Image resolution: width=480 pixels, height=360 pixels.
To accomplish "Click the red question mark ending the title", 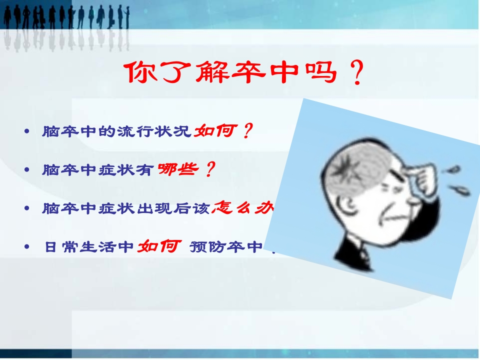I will (x=356, y=75).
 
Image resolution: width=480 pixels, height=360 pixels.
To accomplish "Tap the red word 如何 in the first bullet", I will (x=214, y=131).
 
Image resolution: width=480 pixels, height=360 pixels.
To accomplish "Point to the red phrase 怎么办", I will (x=242, y=208).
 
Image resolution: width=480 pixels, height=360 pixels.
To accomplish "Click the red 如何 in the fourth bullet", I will (x=159, y=246).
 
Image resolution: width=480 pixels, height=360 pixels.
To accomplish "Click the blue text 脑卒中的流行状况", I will (x=117, y=132).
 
